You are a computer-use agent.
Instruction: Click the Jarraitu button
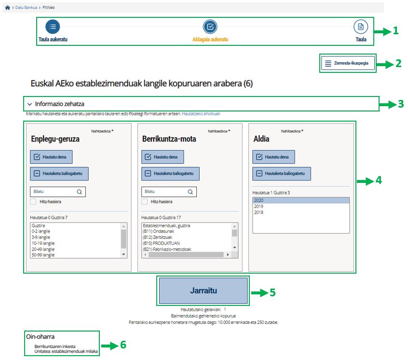[203, 291]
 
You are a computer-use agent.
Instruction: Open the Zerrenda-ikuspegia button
[347, 63]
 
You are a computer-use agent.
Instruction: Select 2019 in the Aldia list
[258, 206]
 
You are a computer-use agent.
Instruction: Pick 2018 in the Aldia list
[258, 212]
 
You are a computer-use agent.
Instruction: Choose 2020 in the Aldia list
[258, 200]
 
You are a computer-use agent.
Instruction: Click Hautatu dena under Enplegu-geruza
[51, 157]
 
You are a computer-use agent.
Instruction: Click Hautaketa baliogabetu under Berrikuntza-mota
[170, 174]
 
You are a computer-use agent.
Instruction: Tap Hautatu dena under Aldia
[273, 157]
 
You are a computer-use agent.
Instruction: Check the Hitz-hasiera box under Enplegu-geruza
[34, 202]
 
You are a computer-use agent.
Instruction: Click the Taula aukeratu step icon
[53, 27]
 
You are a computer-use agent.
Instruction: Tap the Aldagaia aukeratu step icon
[210, 27]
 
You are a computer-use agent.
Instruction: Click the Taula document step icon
[361, 27]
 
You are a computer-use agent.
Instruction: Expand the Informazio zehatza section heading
[56, 104]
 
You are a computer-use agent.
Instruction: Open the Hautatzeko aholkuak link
[201, 114]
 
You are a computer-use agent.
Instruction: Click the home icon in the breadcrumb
[7, 8]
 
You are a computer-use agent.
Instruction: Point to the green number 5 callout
[272, 292]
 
